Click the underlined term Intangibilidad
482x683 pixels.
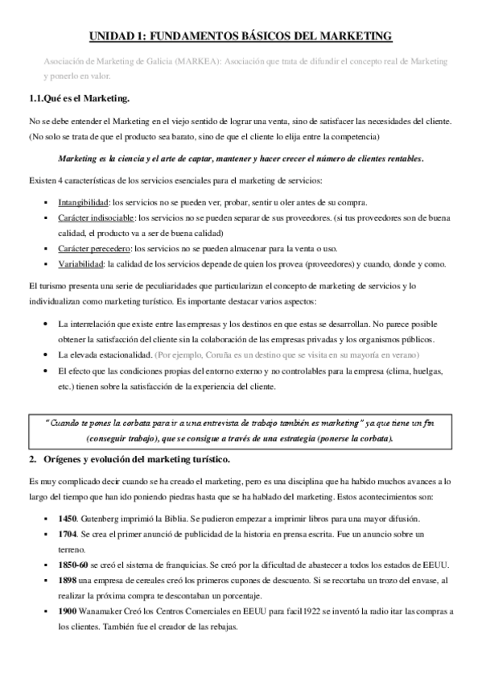coord(84,201)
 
